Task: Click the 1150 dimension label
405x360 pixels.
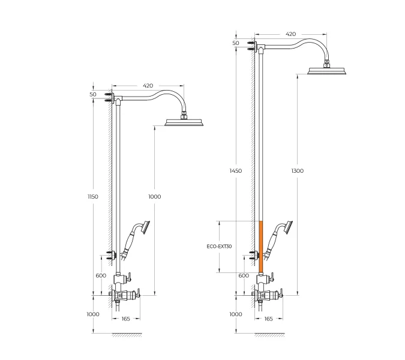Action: tap(93, 197)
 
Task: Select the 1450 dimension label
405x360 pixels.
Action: tap(236, 171)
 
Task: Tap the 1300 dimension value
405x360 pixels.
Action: tap(297, 171)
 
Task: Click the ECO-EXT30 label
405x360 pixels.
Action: tap(219, 247)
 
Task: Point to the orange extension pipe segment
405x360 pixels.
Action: tap(260, 247)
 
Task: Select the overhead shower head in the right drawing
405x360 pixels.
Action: tap(327, 70)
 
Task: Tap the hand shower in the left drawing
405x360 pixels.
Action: tap(134, 239)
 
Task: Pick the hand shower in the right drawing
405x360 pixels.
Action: tap(277, 239)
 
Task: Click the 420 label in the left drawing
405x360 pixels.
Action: tap(148, 85)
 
